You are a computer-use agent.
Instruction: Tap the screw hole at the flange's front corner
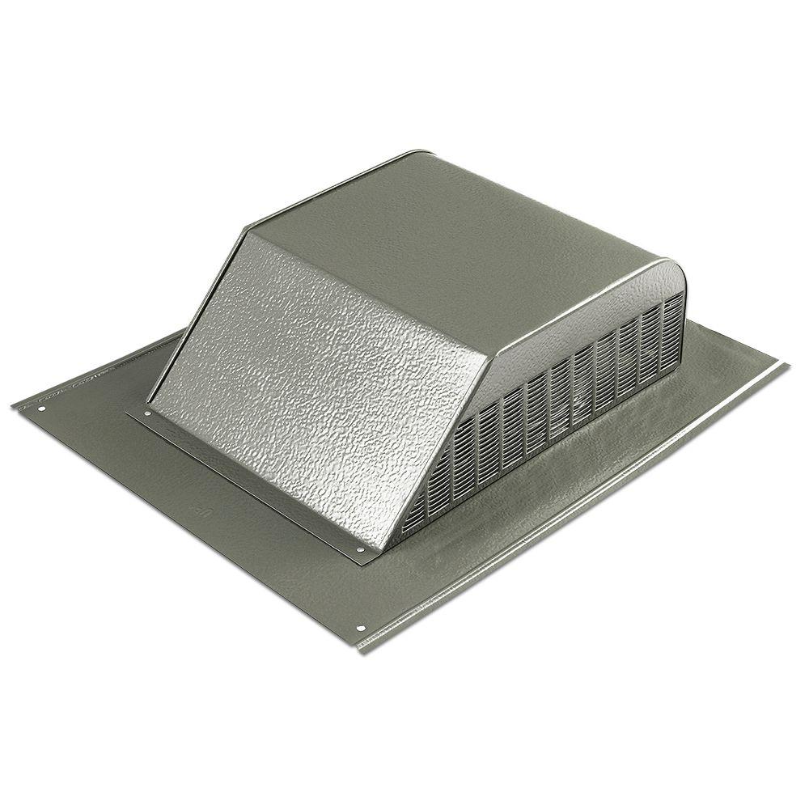coord(361,629)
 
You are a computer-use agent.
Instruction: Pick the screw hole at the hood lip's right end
coord(360,549)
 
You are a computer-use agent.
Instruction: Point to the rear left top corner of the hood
coord(421,151)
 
